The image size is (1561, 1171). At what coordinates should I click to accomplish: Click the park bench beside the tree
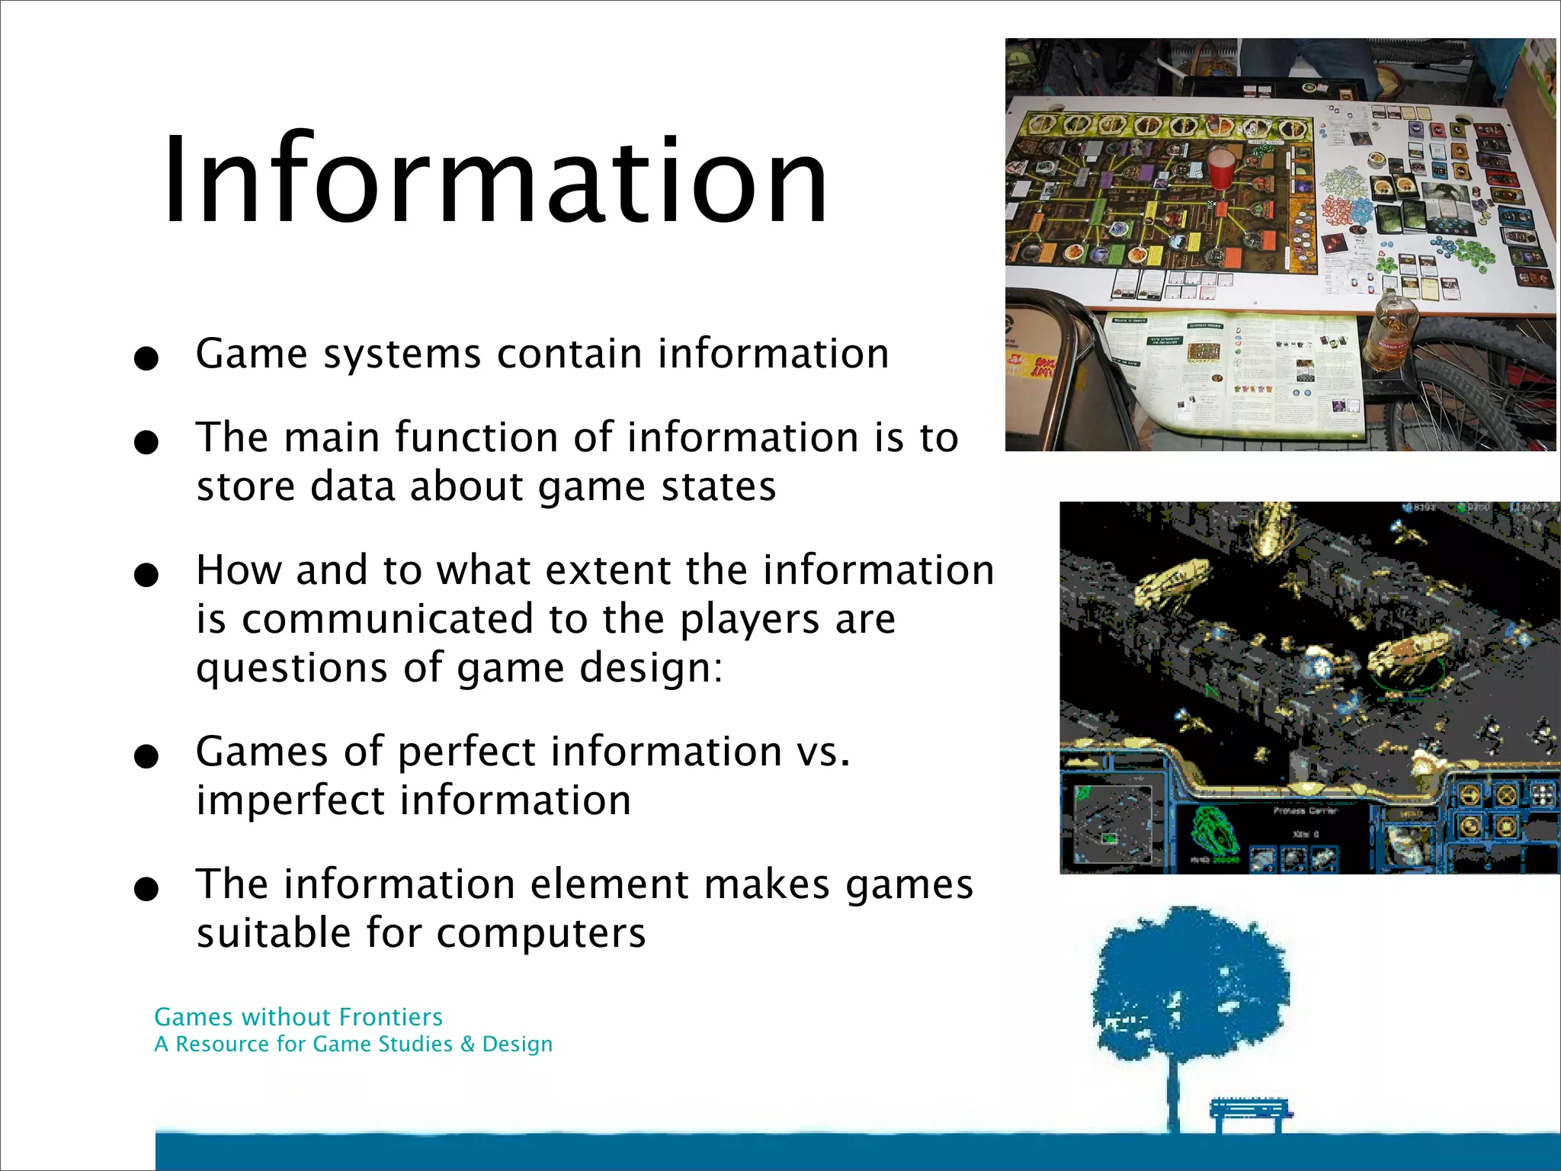(x=1250, y=1115)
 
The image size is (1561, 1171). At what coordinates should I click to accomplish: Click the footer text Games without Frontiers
(x=298, y=1017)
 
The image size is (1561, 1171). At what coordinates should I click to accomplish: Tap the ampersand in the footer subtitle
(x=467, y=1044)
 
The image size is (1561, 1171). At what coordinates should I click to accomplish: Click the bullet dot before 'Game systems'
(x=145, y=358)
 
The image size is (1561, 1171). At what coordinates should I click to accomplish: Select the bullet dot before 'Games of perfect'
(x=145, y=756)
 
